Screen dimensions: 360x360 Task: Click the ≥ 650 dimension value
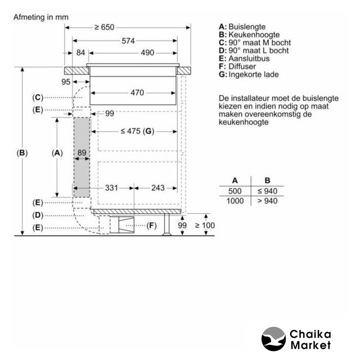[x=105, y=28]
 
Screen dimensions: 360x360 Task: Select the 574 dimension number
[x=128, y=41]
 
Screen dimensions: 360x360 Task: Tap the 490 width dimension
[x=147, y=53]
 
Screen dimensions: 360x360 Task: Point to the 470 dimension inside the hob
[x=137, y=93]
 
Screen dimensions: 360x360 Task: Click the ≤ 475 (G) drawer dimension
[x=137, y=131]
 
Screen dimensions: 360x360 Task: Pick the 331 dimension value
[x=111, y=188]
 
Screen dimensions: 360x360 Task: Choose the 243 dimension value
[x=157, y=188]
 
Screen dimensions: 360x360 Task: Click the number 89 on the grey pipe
[x=82, y=152]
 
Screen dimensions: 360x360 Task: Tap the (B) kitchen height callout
[x=22, y=153]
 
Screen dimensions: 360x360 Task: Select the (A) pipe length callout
[x=57, y=153]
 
